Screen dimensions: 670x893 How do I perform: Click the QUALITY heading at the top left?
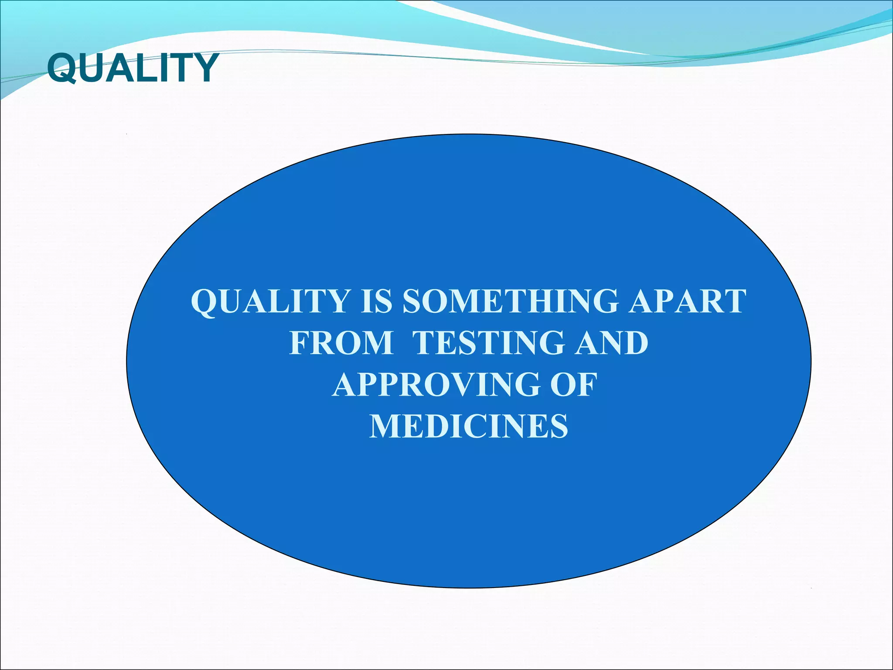(133, 68)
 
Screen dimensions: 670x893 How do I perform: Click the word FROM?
(341, 343)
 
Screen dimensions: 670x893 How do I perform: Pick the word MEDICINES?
(469, 426)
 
